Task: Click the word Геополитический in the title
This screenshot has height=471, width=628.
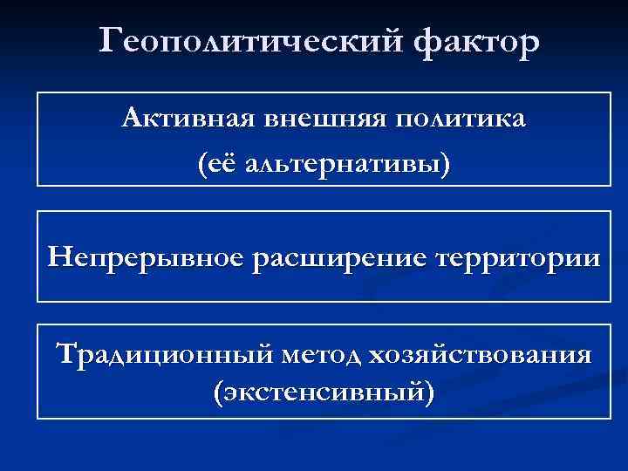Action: click(x=253, y=41)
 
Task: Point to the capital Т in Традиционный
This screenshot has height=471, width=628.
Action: click(x=65, y=355)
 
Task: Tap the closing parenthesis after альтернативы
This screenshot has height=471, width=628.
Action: click(x=447, y=162)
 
